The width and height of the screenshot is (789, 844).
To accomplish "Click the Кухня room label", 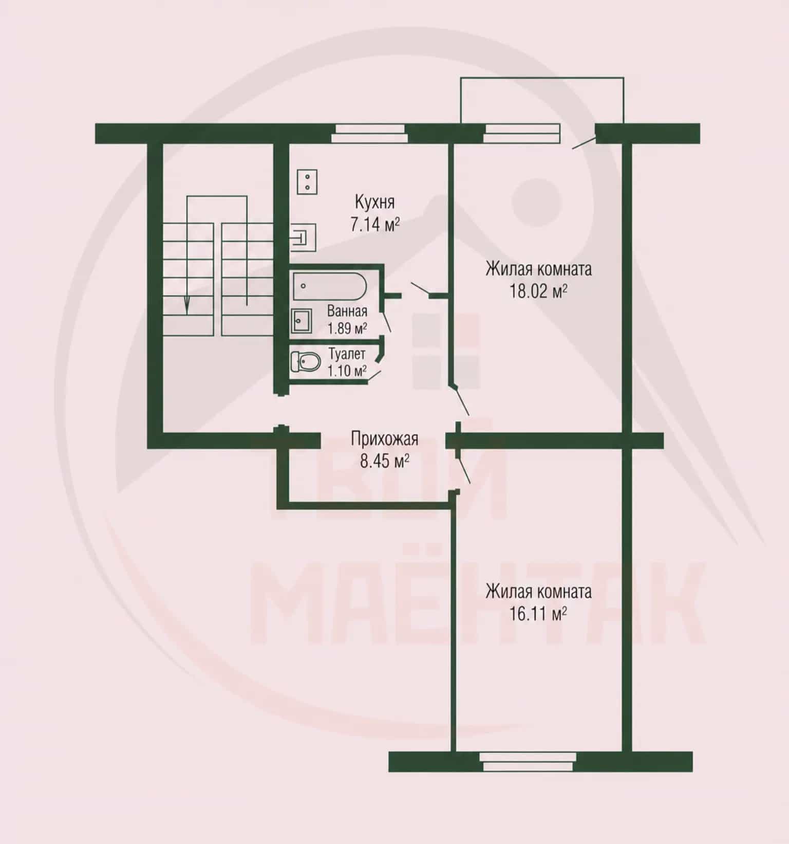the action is pos(374,202).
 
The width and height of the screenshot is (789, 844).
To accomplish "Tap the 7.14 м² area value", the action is pos(375,225).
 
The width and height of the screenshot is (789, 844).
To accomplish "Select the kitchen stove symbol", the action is pos(307,182).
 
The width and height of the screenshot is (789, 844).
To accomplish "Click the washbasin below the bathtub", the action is pos(300,320).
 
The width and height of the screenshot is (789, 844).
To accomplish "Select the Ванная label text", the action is pos(347,311).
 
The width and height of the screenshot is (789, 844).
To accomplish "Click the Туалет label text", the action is pos(347,354).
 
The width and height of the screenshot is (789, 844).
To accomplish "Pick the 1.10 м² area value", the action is pos(347,370).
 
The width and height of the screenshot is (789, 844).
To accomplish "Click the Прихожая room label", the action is pos(384,439).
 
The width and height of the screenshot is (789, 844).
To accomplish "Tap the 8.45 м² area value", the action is pos(384,461).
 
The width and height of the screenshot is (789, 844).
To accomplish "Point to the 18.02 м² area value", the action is pos(538,291).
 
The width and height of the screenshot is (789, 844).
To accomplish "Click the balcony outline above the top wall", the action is pos(542,78).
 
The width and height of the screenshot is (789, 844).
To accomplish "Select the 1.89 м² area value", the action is pos(347,328).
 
